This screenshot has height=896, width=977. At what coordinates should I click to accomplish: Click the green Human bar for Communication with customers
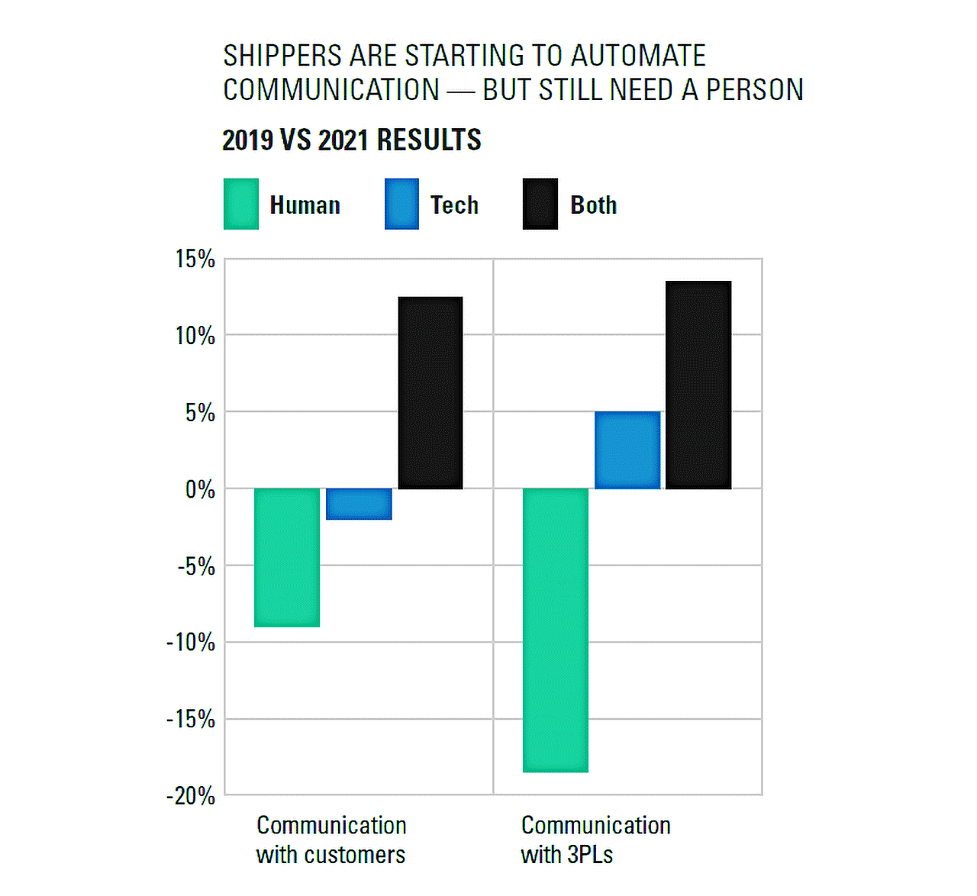[287, 557]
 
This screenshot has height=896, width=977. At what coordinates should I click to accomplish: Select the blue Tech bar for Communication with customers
[359, 504]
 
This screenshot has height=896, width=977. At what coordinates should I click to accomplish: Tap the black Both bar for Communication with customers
[430, 393]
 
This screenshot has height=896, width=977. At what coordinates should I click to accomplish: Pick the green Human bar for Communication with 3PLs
[556, 630]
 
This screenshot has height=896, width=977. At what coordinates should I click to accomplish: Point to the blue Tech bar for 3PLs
[627, 450]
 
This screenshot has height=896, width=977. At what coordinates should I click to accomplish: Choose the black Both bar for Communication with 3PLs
[698, 385]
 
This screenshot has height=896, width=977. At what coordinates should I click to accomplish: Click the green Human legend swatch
[241, 204]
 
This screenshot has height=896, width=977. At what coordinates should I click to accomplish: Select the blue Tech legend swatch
[401, 204]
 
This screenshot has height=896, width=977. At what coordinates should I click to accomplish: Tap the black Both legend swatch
[540, 204]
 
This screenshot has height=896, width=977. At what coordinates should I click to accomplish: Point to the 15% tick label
[195, 259]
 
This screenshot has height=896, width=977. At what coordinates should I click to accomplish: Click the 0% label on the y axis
[200, 489]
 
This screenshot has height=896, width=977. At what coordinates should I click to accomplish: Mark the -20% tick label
[191, 796]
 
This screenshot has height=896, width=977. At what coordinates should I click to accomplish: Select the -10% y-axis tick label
[191, 643]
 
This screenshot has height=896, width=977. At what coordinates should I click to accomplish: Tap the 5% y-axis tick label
[200, 413]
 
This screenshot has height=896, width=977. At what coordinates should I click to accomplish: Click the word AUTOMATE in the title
[638, 56]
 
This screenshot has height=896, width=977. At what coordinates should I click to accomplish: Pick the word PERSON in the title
[754, 90]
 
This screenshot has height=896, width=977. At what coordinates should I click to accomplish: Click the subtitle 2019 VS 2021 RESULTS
[352, 140]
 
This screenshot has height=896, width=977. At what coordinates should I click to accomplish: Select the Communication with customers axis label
[331, 840]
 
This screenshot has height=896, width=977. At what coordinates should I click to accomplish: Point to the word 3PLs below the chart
[590, 855]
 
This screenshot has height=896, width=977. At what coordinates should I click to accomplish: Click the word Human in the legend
[305, 205]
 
